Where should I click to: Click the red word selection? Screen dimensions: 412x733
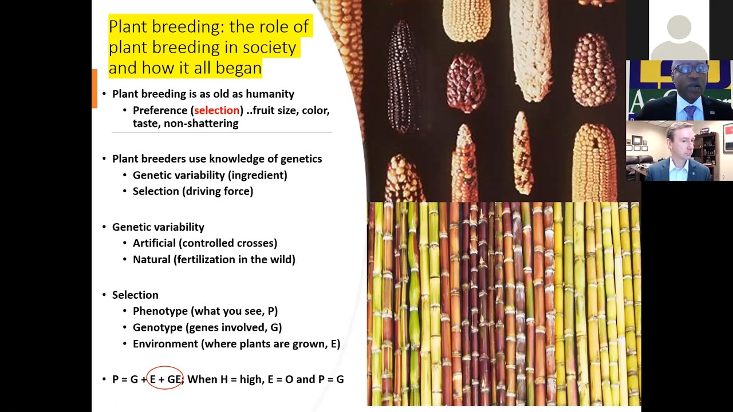pyautogui.click(x=216, y=110)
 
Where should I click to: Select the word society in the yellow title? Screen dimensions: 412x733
pyautogui.click(x=271, y=47)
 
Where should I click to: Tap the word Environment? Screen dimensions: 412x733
pyautogui.click(x=165, y=344)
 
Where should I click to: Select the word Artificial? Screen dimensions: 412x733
pyautogui.click(x=153, y=243)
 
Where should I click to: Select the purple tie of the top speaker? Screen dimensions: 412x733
pyautogui.click(x=690, y=112)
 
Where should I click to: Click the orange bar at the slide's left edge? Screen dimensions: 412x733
pyautogui.click(x=94, y=88)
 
